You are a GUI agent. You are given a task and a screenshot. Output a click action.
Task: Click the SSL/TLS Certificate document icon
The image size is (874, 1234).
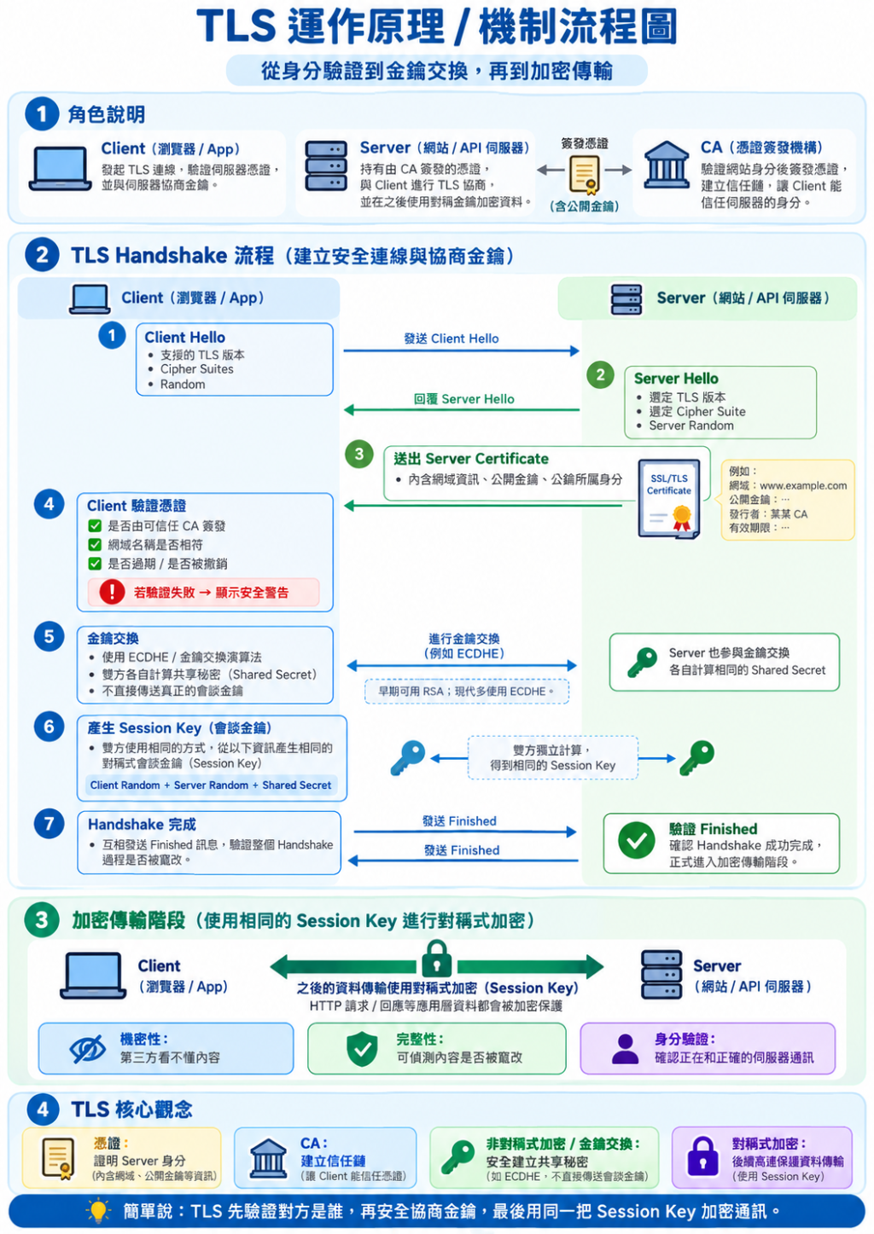[x=669, y=499]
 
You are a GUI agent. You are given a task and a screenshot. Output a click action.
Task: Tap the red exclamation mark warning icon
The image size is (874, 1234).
[x=112, y=592]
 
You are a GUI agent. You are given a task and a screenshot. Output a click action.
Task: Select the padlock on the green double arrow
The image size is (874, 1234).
[x=436, y=959]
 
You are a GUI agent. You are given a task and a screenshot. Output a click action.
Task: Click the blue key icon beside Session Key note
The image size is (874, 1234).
[x=407, y=758]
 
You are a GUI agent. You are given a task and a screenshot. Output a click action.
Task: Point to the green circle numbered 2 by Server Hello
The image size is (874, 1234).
[x=601, y=375]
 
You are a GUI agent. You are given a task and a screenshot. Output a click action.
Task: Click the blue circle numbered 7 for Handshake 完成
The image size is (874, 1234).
[x=49, y=824]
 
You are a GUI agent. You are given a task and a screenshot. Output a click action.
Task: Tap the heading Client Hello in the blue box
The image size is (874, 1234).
[x=184, y=337]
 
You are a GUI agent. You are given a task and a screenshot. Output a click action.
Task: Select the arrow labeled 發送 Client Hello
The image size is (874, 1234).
[x=461, y=351]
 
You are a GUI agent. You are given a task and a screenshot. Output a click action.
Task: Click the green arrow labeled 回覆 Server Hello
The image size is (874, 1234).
[x=461, y=410]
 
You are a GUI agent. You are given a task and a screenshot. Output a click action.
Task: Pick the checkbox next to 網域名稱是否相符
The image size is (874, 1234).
[x=95, y=545]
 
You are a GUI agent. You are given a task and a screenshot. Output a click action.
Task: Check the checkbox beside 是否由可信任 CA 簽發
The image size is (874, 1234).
[x=95, y=526]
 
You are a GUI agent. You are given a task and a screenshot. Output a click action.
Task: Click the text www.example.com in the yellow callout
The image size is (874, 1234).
[x=803, y=485]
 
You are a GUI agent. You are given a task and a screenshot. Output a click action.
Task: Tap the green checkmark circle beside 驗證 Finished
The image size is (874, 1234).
[x=637, y=841]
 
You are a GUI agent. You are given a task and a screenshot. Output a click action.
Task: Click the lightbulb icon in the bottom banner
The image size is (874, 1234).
[x=98, y=1211]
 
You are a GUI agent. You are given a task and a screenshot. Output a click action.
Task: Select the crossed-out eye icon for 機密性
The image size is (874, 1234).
[x=88, y=1049]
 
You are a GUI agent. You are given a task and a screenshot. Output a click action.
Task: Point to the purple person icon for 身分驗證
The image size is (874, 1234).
[x=626, y=1049]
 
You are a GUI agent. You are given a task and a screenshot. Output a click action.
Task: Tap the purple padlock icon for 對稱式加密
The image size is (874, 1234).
[x=702, y=1156]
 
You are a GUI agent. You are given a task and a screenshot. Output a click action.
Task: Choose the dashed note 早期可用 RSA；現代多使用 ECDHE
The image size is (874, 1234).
[x=467, y=692]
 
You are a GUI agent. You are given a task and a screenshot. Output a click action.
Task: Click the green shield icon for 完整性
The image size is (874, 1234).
[x=362, y=1049]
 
